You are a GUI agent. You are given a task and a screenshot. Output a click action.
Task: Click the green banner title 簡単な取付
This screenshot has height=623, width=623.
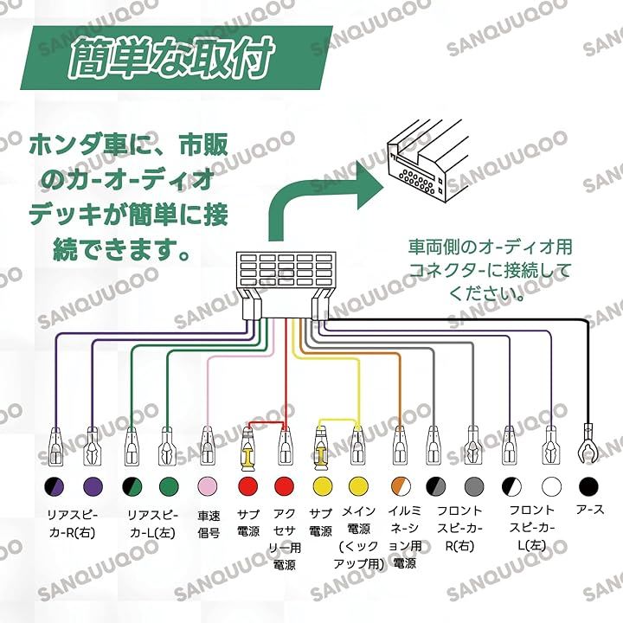(x=171, y=57)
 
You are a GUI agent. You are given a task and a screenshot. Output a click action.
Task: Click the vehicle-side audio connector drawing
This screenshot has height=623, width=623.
(x=428, y=162)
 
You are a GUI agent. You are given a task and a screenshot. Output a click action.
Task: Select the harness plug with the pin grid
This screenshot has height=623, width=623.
(x=286, y=286)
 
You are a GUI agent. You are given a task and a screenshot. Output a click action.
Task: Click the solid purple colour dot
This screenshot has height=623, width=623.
(x=93, y=486)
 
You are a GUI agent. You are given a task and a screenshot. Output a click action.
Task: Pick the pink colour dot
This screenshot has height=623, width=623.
(x=208, y=486)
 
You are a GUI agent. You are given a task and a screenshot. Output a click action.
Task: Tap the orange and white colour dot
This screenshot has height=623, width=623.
(x=401, y=486)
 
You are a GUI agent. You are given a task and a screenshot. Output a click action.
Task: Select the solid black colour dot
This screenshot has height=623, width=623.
(x=588, y=486)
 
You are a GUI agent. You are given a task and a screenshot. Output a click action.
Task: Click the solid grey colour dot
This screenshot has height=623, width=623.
(x=474, y=486)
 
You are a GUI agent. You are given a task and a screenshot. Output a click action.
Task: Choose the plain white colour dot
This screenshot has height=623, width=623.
(x=551, y=486)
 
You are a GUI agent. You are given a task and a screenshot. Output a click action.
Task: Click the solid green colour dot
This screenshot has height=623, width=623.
(x=169, y=486)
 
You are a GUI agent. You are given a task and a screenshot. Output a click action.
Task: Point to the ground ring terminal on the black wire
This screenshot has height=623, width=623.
(x=588, y=444)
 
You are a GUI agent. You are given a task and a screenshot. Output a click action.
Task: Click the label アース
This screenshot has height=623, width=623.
(x=590, y=510)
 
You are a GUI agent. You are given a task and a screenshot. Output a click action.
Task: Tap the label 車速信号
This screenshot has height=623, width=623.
(x=209, y=524)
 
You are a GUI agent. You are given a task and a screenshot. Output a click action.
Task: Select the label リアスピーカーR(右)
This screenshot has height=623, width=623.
(x=73, y=524)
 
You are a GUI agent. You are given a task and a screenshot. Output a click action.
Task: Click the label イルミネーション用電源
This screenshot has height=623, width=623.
(x=404, y=537)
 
